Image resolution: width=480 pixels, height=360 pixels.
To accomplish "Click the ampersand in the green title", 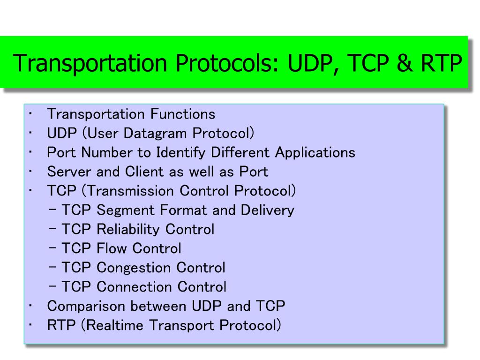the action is coord(404,63).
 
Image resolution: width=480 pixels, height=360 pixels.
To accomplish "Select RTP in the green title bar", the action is coord(441,63).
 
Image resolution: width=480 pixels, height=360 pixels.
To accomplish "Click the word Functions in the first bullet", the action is coord(183,114).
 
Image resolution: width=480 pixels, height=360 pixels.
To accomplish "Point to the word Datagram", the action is coord(155,134).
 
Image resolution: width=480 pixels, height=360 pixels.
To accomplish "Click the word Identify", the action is coord(180,153).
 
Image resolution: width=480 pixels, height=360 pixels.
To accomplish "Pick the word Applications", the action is coord(315,153).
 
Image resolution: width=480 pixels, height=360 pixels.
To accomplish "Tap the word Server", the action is coord(69,172).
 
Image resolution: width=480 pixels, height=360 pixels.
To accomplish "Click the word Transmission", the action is coord(131,191).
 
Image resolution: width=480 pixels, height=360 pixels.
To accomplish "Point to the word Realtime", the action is coord(114,325).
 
